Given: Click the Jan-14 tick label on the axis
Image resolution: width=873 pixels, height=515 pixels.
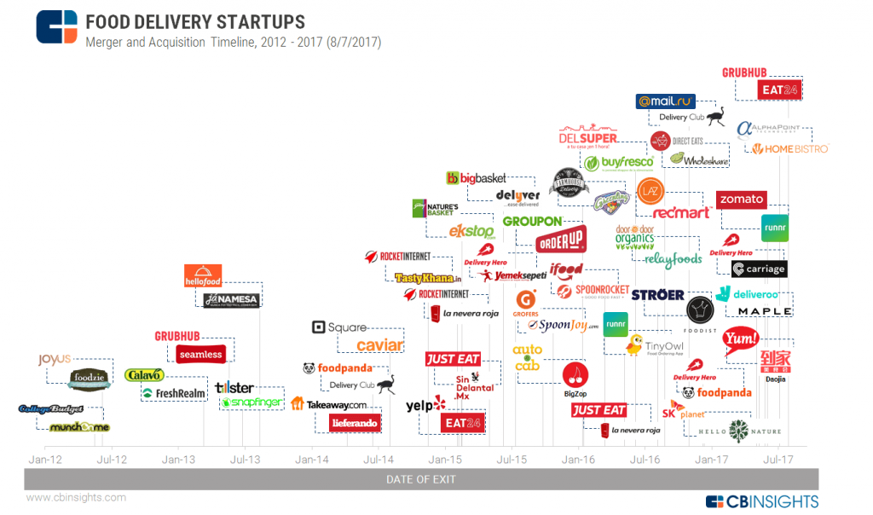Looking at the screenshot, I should (x=311, y=460).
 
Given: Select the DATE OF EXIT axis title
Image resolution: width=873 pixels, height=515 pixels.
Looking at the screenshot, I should (x=421, y=479).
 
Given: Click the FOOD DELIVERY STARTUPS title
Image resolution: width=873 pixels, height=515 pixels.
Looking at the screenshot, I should (x=195, y=20).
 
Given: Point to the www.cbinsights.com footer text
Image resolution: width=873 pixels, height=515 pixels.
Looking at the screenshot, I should (x=76, y=497).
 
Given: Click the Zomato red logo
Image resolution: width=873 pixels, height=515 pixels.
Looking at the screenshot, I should (x=741, y=200).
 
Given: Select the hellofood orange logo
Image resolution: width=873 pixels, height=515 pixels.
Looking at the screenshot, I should (x=203, y=275).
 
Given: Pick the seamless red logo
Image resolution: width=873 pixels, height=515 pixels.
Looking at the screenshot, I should (x=200, y=354).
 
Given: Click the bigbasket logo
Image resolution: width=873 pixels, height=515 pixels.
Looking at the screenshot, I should (x=477, y=178).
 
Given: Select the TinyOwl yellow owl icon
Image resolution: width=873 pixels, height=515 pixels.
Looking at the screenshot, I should (x=634, y=345).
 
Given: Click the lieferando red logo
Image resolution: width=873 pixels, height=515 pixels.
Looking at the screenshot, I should (x=355, y=422).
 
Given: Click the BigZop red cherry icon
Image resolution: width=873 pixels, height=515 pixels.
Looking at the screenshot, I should (x=575, y=376).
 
